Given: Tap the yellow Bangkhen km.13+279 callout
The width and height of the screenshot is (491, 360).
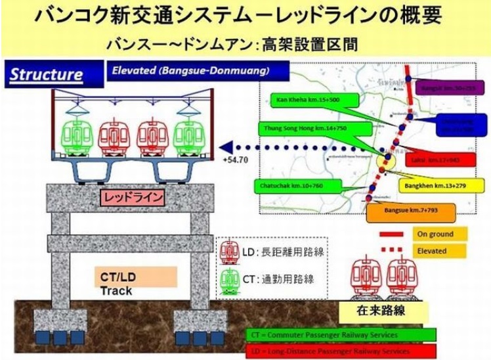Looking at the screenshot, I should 432,185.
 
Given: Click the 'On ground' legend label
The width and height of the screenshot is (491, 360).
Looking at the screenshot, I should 441,234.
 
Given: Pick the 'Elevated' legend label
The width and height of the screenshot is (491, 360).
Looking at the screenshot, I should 441,250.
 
